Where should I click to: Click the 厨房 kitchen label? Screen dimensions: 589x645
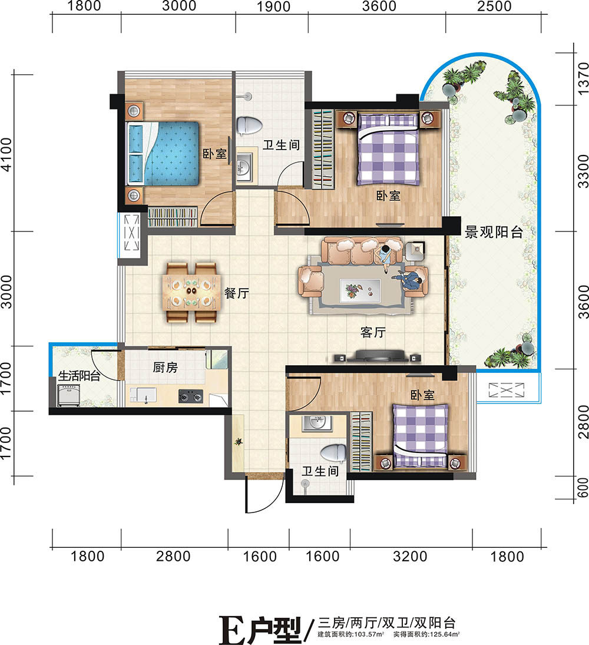coord(166,367)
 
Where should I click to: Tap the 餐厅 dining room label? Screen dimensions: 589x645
coord(237,293)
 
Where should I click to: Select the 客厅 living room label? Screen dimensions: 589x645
coord(373,332)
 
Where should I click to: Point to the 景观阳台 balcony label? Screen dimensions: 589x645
coord(494,233)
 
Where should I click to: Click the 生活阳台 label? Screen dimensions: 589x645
coord(80,376)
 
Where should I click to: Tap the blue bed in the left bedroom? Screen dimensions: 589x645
coord(163,153)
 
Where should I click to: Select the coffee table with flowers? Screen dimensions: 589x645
coord(360,290)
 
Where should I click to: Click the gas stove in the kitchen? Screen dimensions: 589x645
coord(191,396)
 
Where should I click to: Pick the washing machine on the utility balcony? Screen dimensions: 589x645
coord(69,395)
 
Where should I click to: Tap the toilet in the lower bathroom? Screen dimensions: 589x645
coord(333,454)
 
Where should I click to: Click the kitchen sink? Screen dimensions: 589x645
coord(143,395)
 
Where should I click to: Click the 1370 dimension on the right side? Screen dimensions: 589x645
coord(583,78)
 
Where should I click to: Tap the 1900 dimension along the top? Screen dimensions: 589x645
coord(273,6)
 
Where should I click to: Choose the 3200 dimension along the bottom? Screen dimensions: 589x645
coord(410,557)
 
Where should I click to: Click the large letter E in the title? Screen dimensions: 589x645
coord(232,629)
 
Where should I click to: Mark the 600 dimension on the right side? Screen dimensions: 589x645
coord(583,488)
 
